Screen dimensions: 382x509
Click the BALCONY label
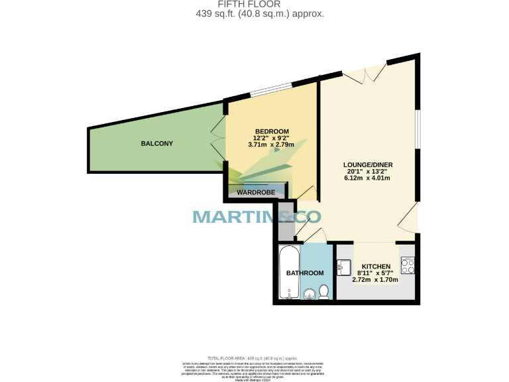click(x=156, y=144)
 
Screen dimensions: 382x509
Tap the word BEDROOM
click(x=272, y=131)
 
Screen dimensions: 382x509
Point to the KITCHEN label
click(x=375, y=267)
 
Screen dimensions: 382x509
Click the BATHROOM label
click(x=305, y=273)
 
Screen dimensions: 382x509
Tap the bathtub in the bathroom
click(x=288, y=272)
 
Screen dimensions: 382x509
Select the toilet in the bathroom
click(x=324, y=291)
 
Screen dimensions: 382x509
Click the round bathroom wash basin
click(x=309, y=294)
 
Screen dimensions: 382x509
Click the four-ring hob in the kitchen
click(x=407, y=265)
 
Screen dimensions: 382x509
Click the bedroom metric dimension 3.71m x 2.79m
click(x=271, y=145)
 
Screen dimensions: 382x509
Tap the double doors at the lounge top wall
click(x=364, y=72)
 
